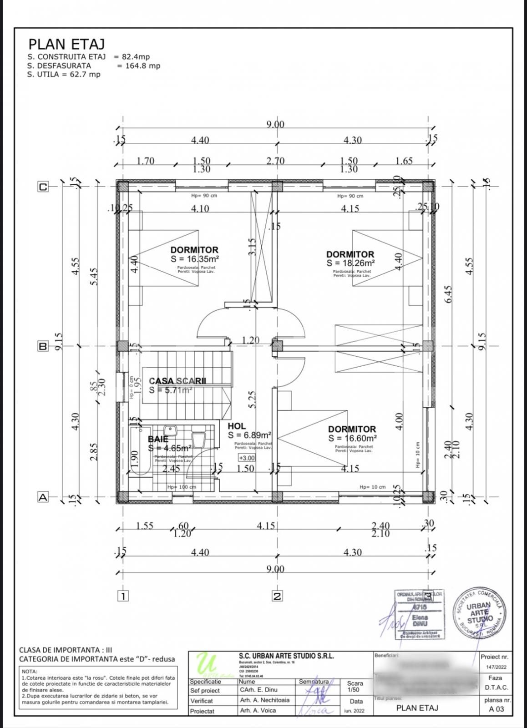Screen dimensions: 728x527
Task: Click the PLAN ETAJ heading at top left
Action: [66, 44]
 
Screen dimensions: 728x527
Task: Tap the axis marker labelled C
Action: [43, 187]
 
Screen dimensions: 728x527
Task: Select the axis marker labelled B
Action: [43, 346]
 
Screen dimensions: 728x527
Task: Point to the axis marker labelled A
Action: [43, 497]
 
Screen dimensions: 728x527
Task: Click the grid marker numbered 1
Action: [123, 596]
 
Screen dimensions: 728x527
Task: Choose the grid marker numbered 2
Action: [277, 596]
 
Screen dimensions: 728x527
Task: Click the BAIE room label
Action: [158, 439]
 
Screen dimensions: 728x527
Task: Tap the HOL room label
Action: [237, 426]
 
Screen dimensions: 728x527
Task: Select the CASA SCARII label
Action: [177, 381]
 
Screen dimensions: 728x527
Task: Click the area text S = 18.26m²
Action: [350, 263]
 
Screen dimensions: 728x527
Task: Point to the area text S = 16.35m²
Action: [194, 258]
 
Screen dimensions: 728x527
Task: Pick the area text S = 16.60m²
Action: [352, 438]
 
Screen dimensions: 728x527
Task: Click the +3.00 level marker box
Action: [247, 458]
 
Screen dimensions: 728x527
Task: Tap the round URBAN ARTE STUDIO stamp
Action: [479, 613]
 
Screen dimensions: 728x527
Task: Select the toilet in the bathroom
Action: [199, 440]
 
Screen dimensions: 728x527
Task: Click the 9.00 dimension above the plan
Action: [275, 125]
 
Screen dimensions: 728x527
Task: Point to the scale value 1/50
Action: [355, 690]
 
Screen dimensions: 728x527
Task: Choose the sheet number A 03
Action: [496, 709]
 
